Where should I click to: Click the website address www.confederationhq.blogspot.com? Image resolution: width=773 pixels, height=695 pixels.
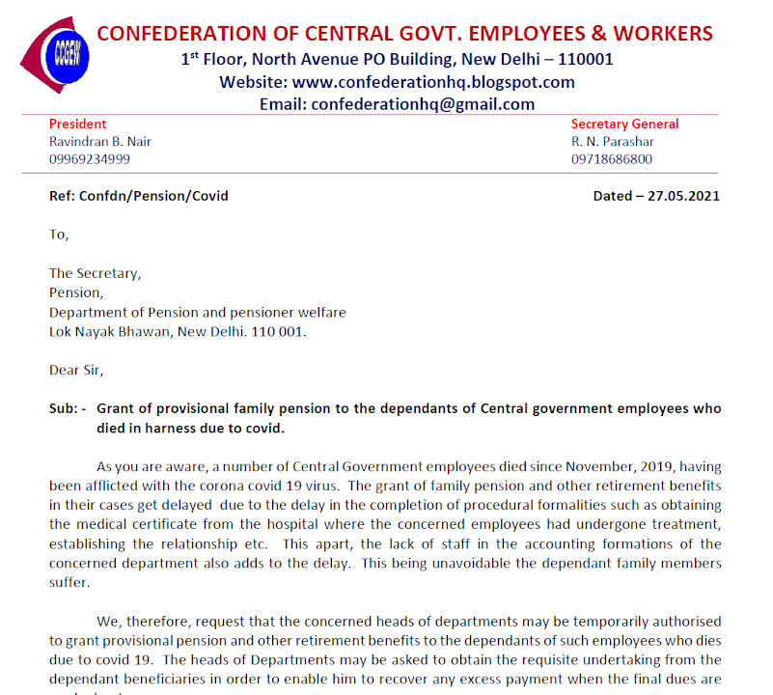433,82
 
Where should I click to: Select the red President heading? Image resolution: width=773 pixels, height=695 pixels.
78,125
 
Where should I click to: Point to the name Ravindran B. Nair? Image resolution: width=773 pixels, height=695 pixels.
100,142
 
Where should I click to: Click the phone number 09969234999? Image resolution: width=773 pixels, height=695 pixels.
90,159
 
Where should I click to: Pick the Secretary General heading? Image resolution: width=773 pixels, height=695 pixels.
624,125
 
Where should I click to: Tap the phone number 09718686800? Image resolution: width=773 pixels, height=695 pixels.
612,159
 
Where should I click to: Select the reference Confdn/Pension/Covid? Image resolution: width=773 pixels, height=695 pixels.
154,196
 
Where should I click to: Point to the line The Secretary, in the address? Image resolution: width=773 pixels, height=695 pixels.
95,273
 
